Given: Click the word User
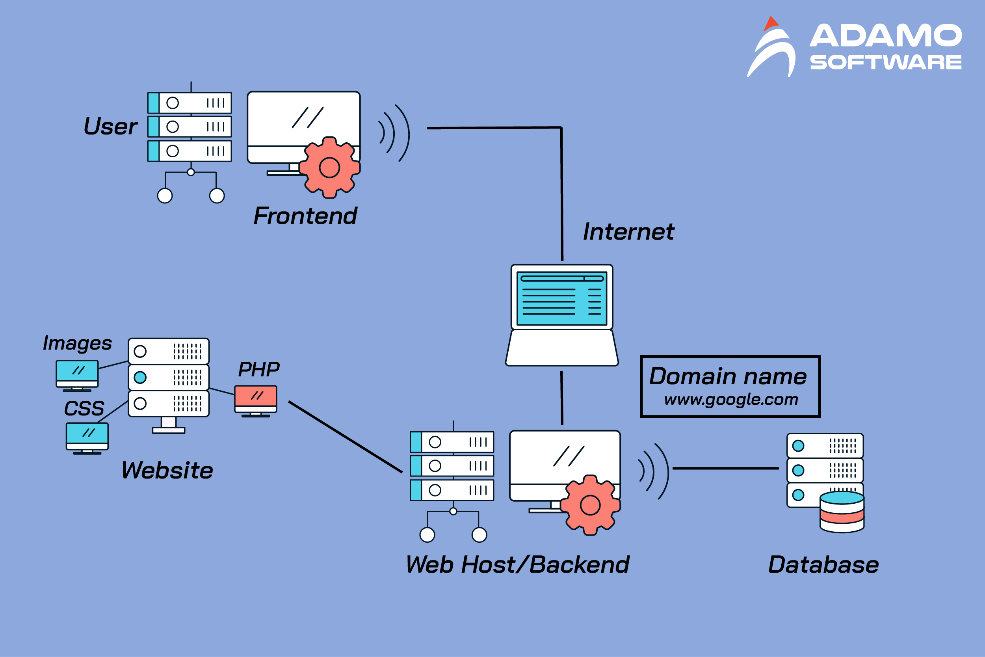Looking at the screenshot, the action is coord(111,126).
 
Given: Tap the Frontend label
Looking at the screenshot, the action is coord(305,216).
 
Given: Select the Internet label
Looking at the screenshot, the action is coord(628,232).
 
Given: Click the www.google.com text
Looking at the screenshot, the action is coord(731,400).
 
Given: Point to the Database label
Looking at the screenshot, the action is coord(823,564).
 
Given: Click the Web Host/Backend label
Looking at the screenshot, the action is coord(518,564).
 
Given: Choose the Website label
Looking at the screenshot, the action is coord(167,470).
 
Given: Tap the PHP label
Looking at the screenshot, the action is coord(259,370).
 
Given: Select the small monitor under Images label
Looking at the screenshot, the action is coord(77,376).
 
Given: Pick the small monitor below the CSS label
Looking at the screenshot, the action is coord(87,438).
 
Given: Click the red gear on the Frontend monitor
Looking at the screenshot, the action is coord(330,168).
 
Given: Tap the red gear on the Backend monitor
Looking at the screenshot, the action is coord(591,505).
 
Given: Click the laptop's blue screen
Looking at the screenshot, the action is coord(561,298).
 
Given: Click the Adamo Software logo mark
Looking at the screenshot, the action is coord(772,47).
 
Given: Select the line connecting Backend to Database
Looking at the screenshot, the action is coord(725,469).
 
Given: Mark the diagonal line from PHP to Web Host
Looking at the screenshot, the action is coord(346,437).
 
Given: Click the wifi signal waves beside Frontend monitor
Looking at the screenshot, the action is coord(394,133).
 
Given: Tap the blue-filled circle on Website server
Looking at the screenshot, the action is coord(140,378).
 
